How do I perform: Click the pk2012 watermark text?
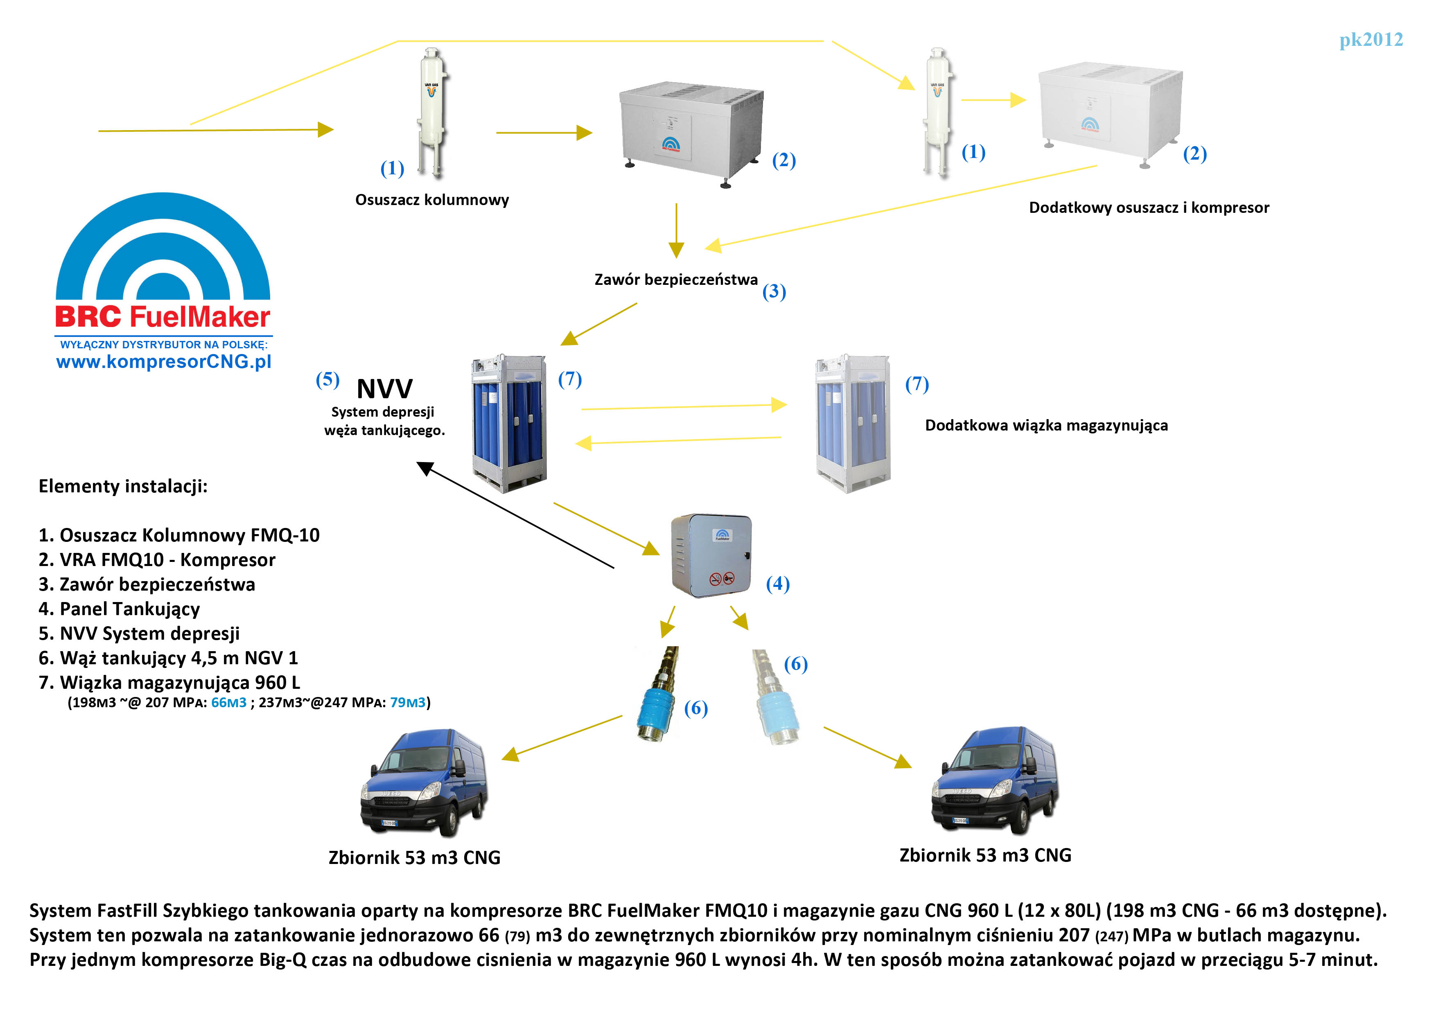[1371, 40]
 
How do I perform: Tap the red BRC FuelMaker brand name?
[163, 317]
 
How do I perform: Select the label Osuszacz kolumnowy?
[431, 200]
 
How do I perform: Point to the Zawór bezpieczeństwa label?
[675, 280]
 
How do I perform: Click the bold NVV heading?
[384, 389]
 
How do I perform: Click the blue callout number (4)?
[777, 584]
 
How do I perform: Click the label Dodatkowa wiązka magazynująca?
[1046, 425]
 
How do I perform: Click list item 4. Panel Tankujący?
[119, 609]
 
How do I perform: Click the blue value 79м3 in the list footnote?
[407, 702]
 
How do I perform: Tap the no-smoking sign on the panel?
[716, 579]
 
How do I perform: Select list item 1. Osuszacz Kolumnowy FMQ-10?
[179, 535]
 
